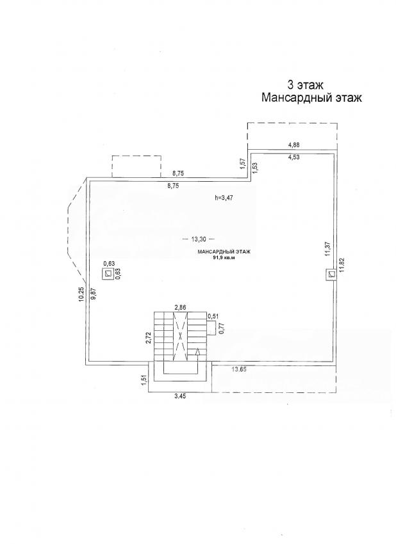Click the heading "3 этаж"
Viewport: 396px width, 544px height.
coord(306,84)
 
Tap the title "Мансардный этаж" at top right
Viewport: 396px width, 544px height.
coord(311,98)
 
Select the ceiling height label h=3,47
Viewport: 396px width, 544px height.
coord(224,198)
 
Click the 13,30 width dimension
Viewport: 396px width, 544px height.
coord(199,239)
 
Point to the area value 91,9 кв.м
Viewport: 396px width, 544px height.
coord(224,258)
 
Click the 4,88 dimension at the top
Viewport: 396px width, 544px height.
coord(294,145)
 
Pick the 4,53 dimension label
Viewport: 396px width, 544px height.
coord(294,157)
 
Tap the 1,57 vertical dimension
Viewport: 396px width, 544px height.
coord(243,164)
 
